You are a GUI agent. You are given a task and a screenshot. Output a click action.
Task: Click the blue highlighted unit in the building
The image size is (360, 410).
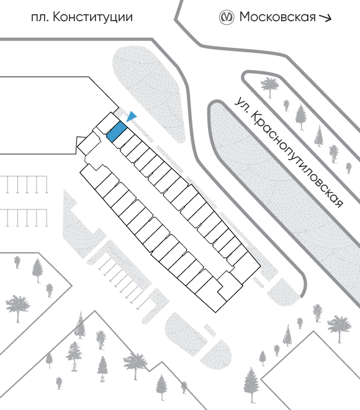coord(117,132)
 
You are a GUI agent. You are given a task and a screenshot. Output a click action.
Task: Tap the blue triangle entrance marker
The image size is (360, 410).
coord(132,116)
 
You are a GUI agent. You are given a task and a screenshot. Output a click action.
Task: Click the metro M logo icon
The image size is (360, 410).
coord(226,17)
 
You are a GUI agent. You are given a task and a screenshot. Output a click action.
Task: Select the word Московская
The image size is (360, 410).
coord(277,17)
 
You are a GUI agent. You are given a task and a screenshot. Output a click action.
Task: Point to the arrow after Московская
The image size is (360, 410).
coord(325,17)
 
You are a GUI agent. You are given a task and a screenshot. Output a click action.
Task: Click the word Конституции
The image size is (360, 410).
coord(92,17)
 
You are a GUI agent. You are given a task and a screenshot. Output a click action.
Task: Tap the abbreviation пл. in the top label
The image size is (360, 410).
coord(40,18)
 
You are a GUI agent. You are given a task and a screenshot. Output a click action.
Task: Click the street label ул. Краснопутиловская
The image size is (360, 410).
coord(289,152)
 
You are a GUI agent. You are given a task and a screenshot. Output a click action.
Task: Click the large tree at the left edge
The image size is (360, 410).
coord(17,308)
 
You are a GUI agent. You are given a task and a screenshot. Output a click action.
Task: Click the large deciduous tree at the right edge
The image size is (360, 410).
coord(340,328)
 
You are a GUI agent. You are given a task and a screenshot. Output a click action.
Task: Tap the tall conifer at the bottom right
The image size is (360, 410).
coord(251,385)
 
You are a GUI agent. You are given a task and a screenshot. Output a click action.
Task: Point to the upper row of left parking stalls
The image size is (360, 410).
coord(24,184)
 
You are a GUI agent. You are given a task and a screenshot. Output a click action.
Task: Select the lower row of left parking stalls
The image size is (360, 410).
coord(24,218)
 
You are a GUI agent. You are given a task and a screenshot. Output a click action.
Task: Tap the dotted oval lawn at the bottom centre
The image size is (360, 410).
coord(186,334)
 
